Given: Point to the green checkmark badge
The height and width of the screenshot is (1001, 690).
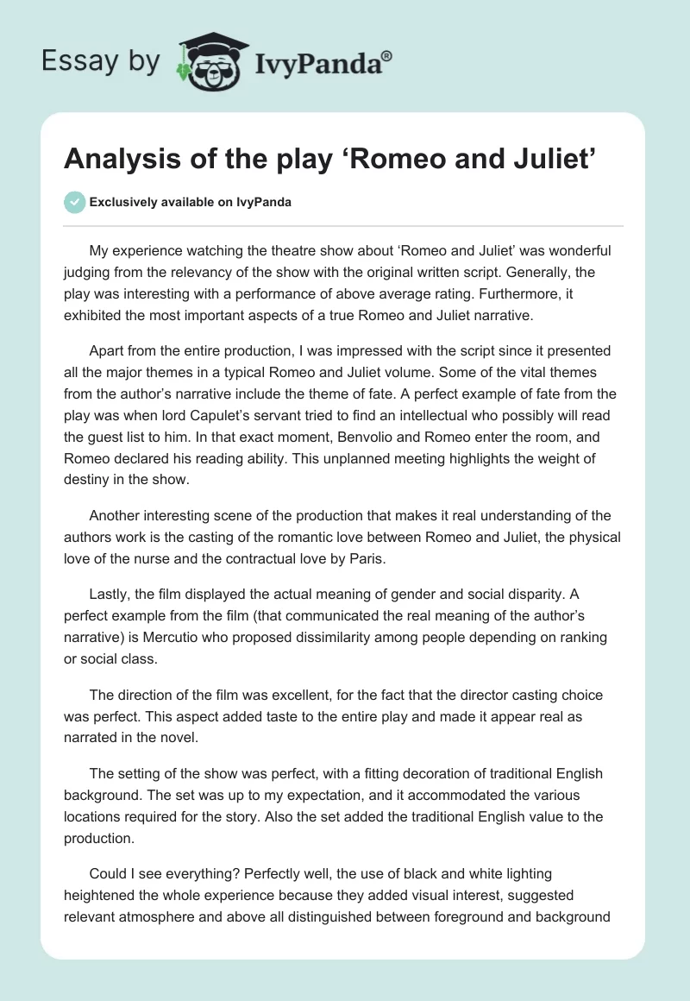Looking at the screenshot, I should (75, 202).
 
